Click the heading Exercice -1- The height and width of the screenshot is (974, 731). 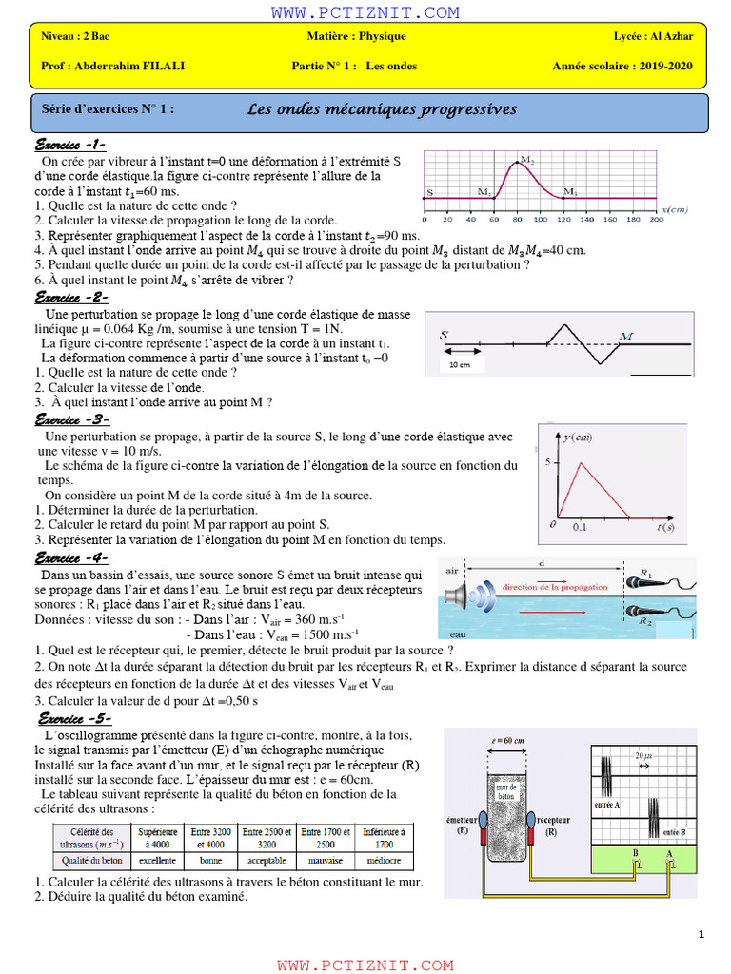point(69,145)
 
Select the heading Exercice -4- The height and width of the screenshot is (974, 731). point(71,558)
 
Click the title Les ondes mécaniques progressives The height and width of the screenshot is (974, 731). point(382,109)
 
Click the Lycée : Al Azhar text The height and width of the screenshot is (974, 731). point(653,36)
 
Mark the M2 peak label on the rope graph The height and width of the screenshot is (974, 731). point(527,161)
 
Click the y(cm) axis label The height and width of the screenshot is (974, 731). point(578,438)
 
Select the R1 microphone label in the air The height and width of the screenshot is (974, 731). point(646,574)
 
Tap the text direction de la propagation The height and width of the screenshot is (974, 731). point(555,588)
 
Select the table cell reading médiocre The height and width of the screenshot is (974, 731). point(384,861)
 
